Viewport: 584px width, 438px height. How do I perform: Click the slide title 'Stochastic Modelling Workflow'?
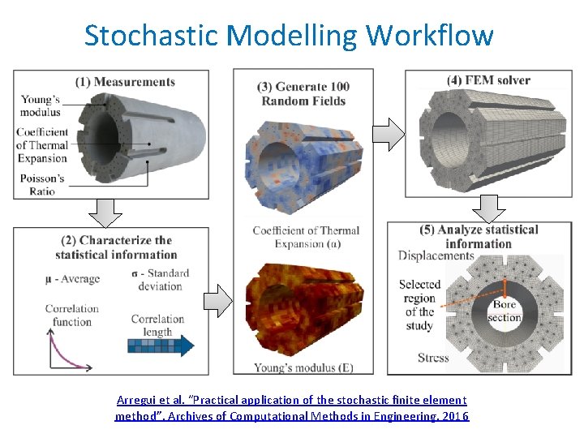click(288, 35)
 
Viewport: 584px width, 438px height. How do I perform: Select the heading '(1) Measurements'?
click(125, 81)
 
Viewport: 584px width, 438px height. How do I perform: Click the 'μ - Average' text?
click(73, 279)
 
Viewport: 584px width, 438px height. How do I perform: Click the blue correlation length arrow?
click(161, 346)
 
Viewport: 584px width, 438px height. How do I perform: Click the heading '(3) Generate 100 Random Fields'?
click(303, 94)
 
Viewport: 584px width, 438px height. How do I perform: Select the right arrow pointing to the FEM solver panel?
click(390, 134)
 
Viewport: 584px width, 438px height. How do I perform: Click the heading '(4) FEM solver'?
click(488, 80)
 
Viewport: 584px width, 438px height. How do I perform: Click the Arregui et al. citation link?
click(292, 408)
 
